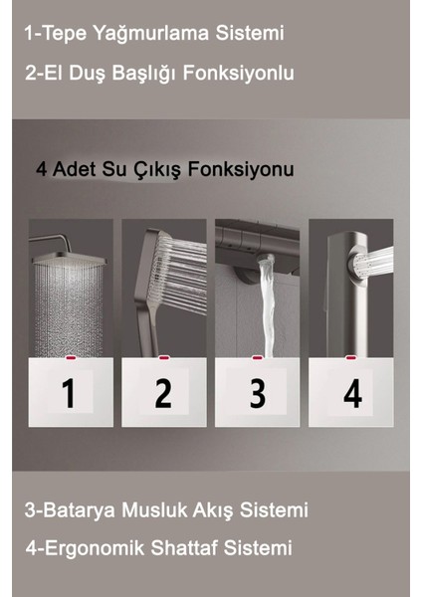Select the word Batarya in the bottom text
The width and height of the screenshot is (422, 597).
pyautogui.click(x=78, y=510)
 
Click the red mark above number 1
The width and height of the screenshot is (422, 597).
pyautogui.click(x=69, y=354)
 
